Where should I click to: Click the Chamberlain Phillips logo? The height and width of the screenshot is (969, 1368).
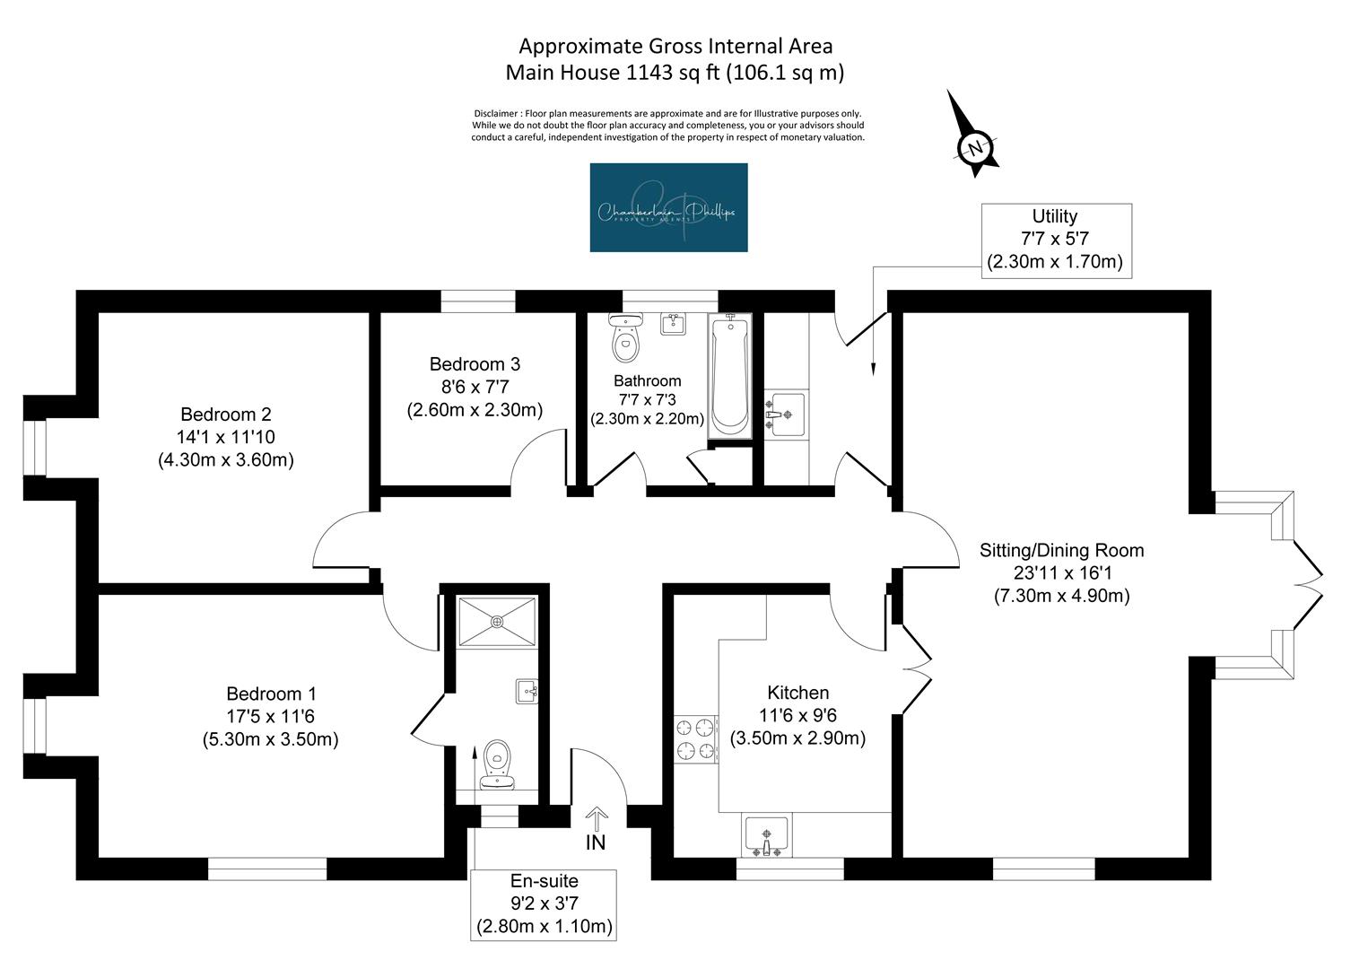668,207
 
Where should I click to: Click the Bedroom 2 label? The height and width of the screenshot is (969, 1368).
225,415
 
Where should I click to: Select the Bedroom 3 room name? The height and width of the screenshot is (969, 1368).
475,364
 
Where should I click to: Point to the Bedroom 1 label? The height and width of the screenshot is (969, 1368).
271,694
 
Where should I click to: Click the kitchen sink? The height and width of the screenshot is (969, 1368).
766,835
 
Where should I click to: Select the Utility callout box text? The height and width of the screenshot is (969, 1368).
1055,240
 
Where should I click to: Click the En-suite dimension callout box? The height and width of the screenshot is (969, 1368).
544,904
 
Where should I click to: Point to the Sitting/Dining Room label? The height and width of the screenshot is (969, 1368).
1061,550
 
